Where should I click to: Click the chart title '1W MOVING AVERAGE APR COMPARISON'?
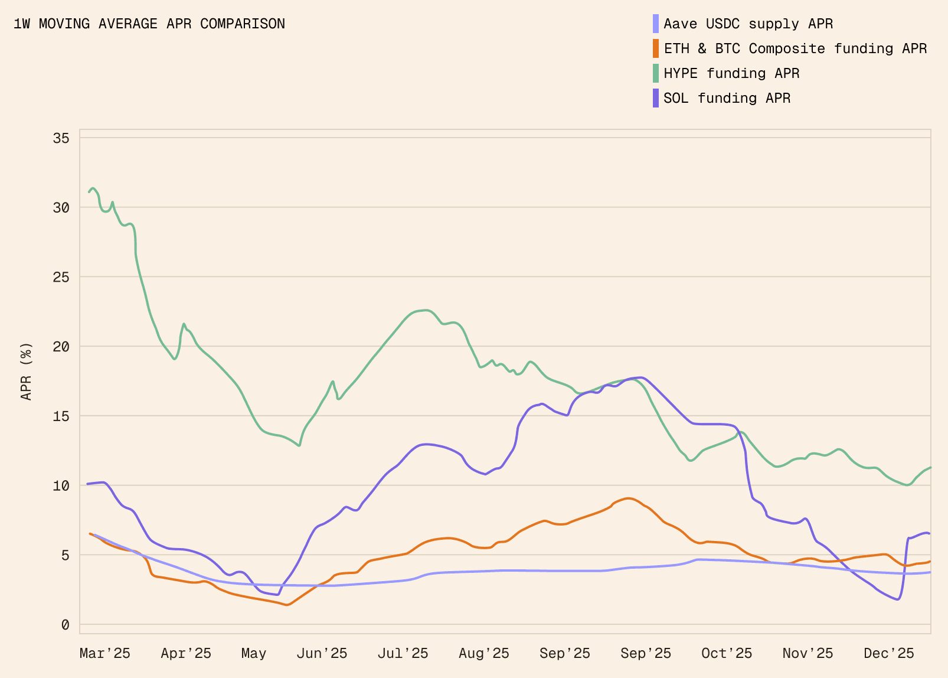(x=149, y=24)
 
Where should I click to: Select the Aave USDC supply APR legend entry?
(x=748, y=24)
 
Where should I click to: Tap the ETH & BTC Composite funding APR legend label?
(x=795, y=48)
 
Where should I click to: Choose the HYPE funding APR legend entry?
(x=731, y=73)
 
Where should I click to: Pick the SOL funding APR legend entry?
(x=727, y=98)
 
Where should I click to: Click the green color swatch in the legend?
(x=656, y=73)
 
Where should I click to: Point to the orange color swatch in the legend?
(x=656, y=48)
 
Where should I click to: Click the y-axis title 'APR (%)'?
(x=27, y=371)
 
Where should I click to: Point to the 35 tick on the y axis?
(x=61, y=138)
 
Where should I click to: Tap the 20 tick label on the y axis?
(x=61, y=347)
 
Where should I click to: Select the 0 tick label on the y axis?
(x=66, y=625)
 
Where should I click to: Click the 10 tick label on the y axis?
(x=61, y=486)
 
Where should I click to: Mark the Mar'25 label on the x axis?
(x=105, y=653)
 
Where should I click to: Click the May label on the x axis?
(x=254, y=653)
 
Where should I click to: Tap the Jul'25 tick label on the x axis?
(x=403, y=653)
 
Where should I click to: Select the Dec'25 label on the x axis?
(x=889, y=653)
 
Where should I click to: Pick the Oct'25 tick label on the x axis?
(x=727, y=653)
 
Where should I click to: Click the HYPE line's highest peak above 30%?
(x=93, y=188)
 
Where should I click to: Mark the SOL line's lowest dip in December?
(x=897, y=599)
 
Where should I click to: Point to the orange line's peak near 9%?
(x=628, y=498)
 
